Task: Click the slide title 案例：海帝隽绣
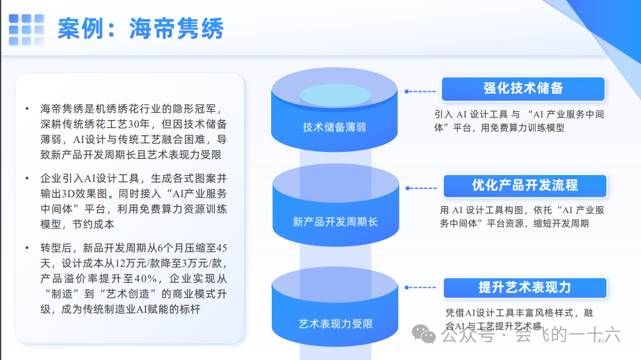140,29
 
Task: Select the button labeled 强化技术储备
523,89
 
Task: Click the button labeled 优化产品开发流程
524,186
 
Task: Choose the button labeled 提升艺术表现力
524,287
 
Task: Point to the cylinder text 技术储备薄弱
334,127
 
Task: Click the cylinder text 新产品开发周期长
335,221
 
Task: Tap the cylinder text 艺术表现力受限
335,323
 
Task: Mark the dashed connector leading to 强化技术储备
420,91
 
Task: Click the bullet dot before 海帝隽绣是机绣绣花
27,109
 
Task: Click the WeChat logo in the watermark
424,333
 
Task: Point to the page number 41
600,341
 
